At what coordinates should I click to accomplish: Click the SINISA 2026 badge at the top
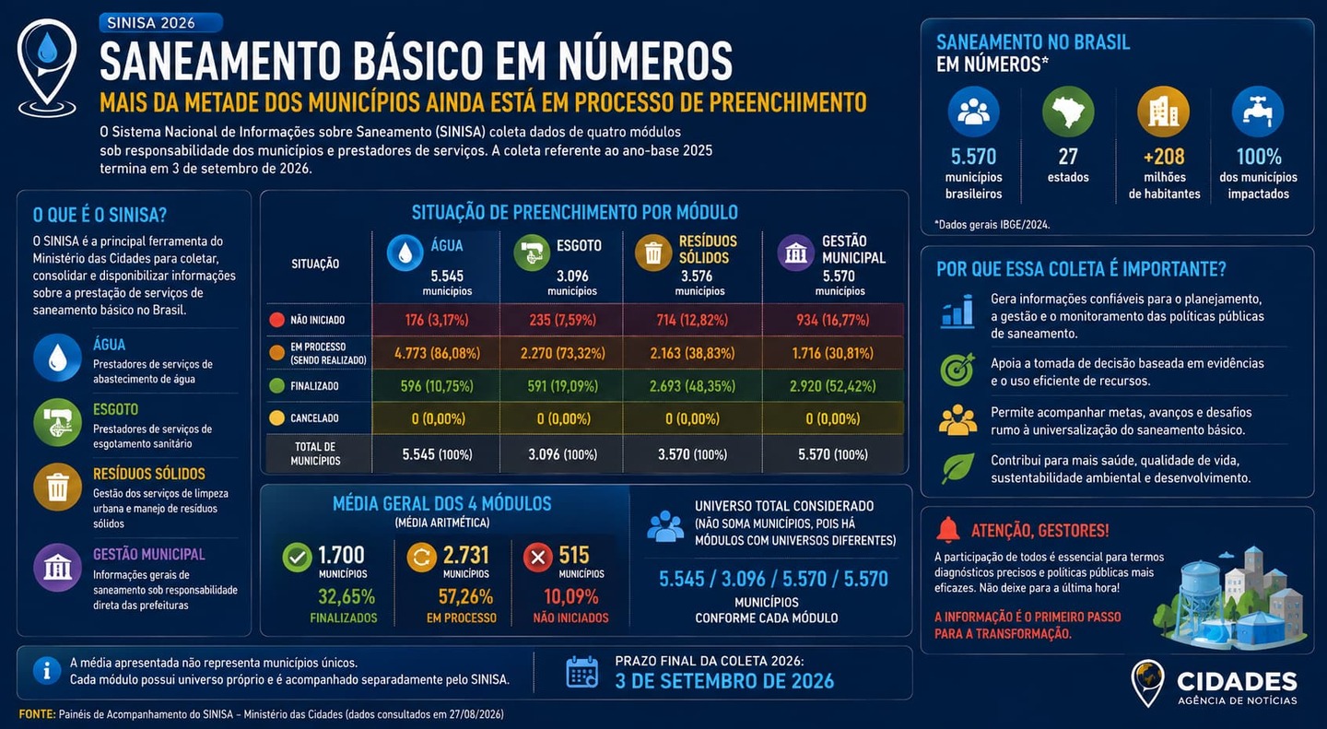[160, 22]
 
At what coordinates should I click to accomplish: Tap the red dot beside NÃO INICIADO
[276, 320]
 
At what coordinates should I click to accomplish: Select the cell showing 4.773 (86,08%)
[437, 353]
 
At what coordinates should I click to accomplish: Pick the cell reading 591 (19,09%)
[563, 386]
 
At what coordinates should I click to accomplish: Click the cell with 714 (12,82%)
[692, 320]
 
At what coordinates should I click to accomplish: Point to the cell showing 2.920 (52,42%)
[832, 386]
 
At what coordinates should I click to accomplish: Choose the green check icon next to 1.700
[298, 558]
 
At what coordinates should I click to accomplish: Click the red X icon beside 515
[538, 558]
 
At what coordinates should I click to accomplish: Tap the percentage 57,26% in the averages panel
[465, 596]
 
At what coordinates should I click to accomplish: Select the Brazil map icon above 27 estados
[1068, 112]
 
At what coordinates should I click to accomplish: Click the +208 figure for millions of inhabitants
[1164, 157]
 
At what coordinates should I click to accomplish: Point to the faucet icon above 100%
[1258, 112]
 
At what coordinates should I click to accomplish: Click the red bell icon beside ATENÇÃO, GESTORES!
[948, 529]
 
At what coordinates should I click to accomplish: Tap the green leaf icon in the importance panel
[957, 468]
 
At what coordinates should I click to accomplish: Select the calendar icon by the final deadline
[581, 672]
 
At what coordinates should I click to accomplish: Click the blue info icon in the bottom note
[47, 671]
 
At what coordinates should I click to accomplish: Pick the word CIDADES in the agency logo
[1237, 682]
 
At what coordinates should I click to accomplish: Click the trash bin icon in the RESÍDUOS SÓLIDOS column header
[652, 253]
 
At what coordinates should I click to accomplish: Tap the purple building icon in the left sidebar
[57, 567]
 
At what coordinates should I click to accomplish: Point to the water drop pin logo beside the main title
[47, 67]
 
